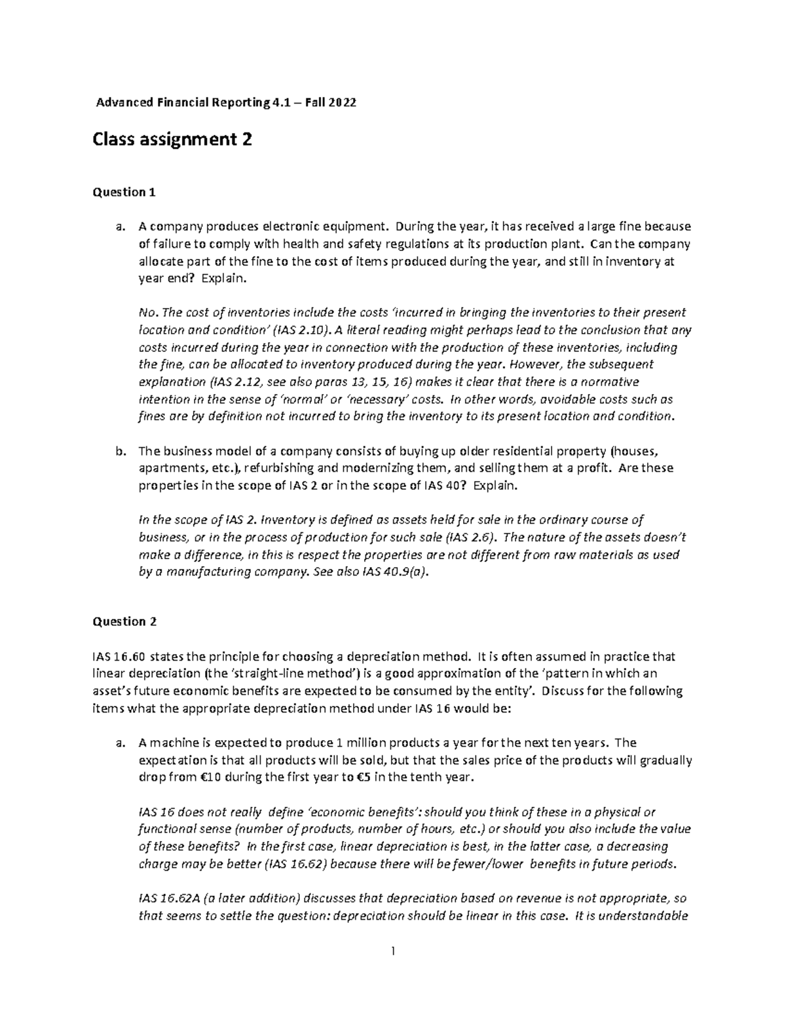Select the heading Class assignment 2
tap(173, 140)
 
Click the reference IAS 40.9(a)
tap(398, 572)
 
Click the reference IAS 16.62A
tap(170, 898)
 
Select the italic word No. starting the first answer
tap(148, 313)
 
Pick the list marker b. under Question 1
tap(119, 452)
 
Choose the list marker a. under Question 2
tap(119, 743)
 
